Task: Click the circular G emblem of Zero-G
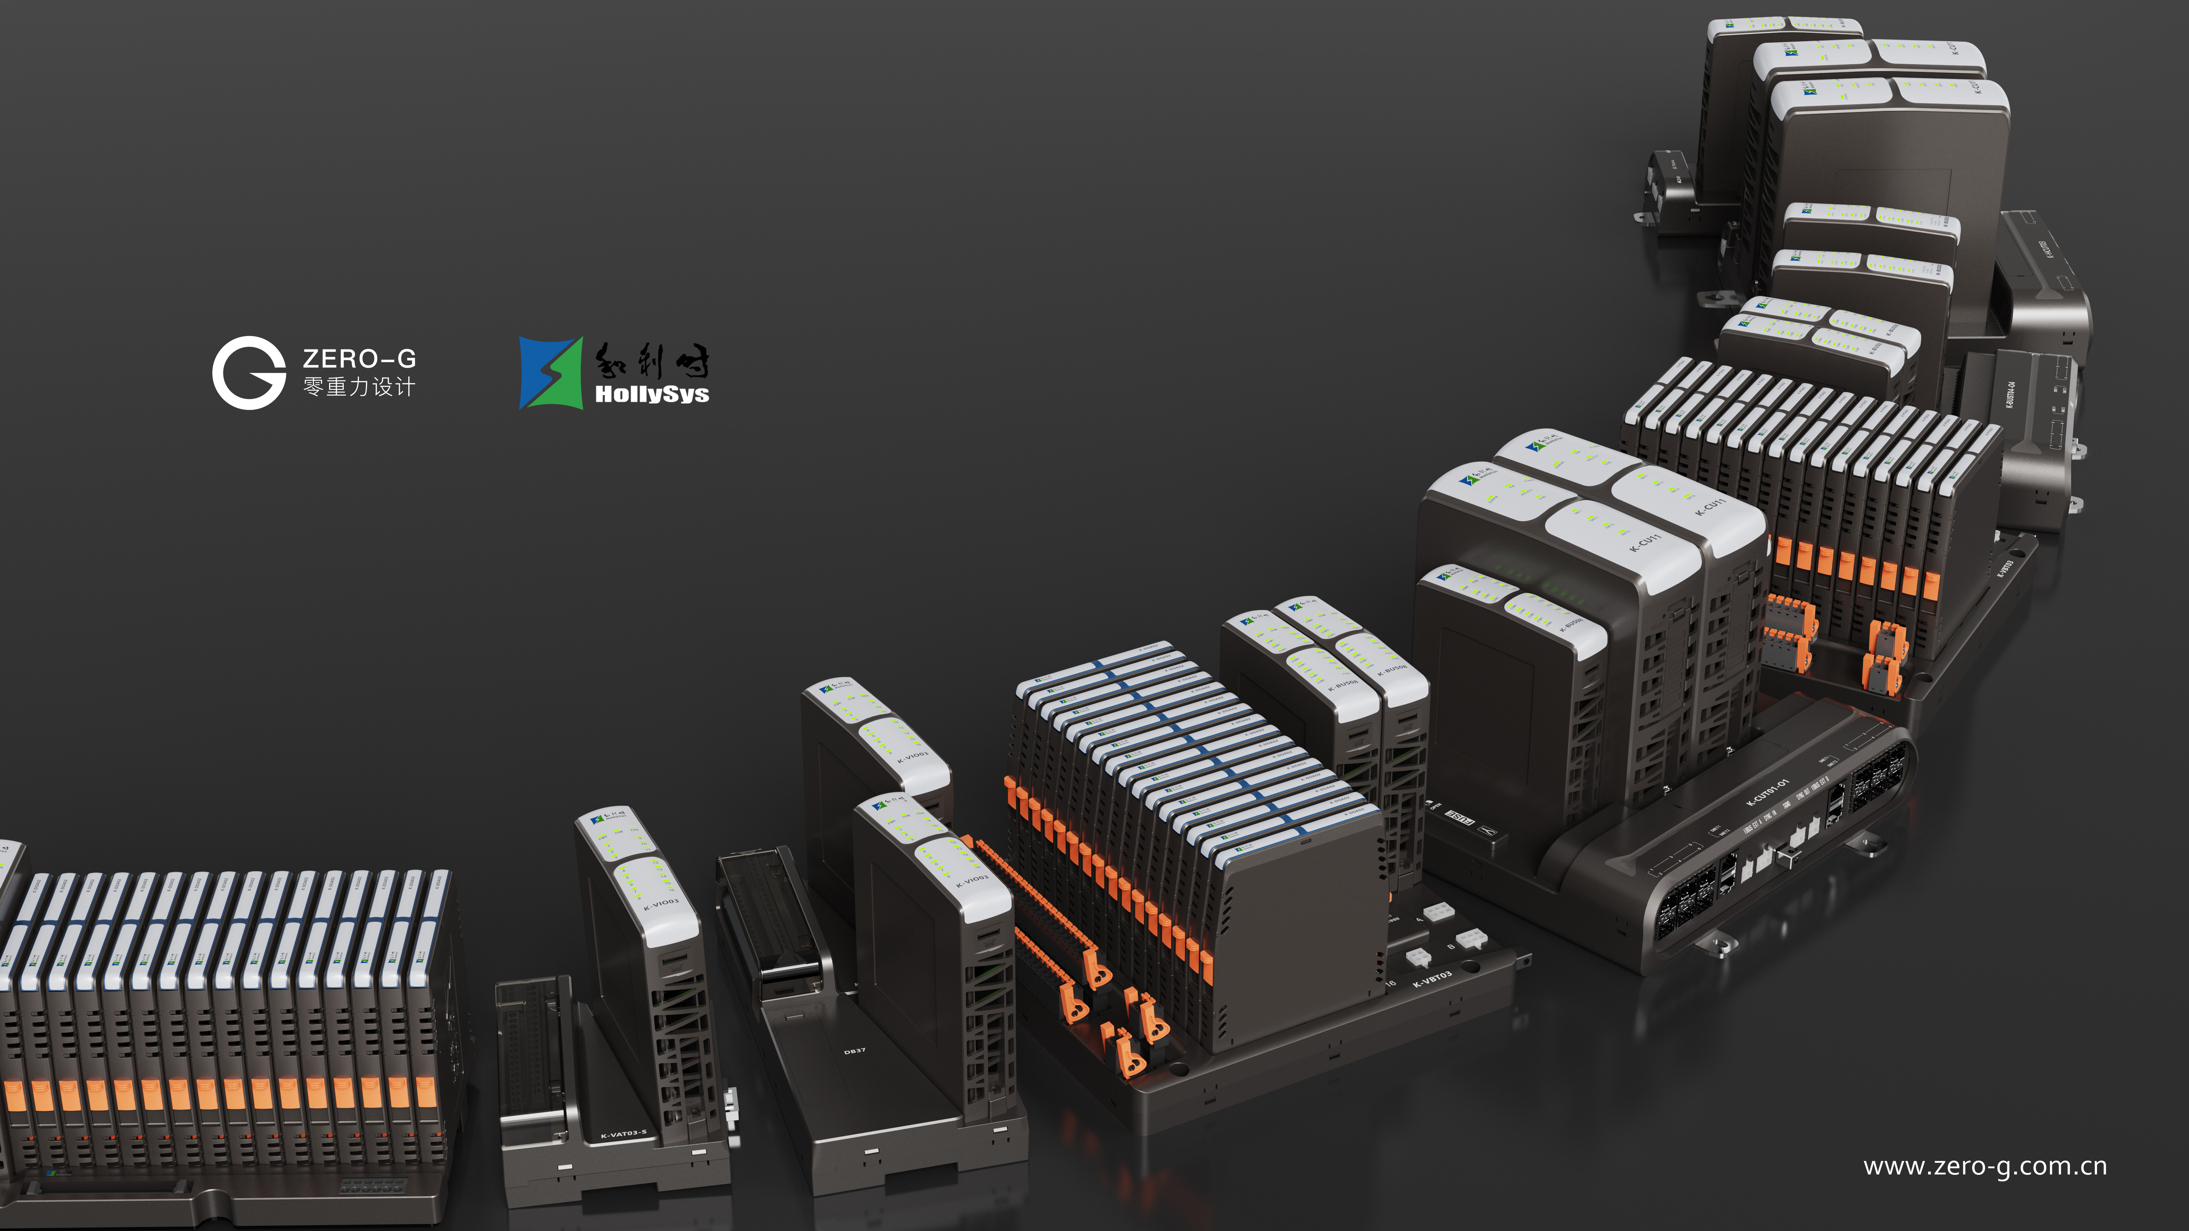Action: click(248, 373)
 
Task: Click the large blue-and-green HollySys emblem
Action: click(551, 373)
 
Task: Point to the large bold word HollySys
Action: click(652, 394)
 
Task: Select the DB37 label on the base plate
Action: click(855, 1051)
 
